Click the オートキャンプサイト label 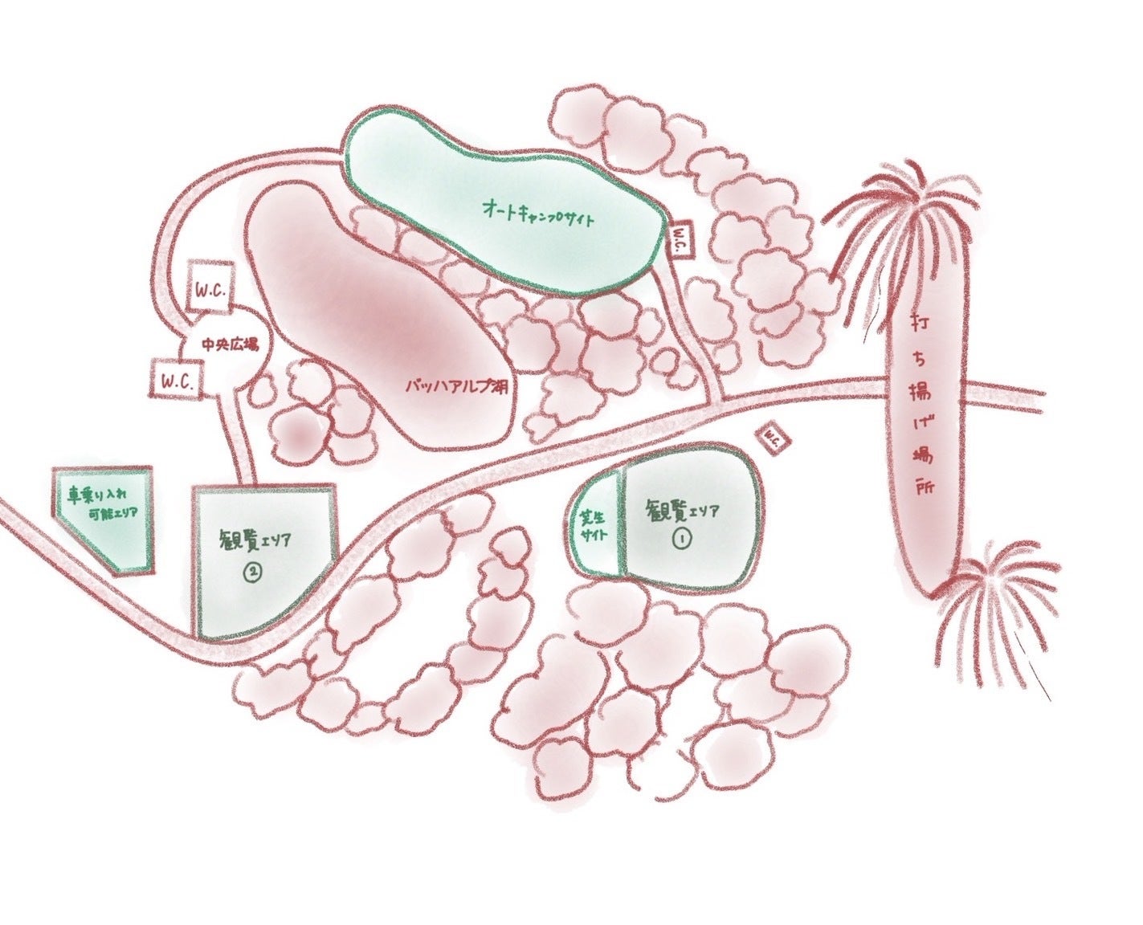(537, 212)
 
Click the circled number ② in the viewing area (253, 572)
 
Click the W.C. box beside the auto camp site (679, 240)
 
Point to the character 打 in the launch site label (919, 324)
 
